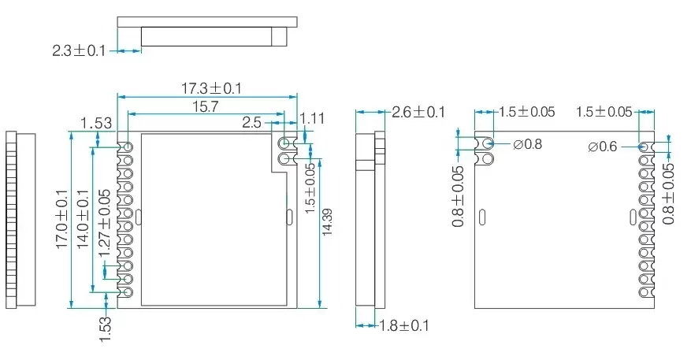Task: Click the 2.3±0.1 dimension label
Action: tap(80, 50)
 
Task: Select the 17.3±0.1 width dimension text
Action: tap(211, 88)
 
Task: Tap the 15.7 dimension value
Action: tap(205, 106)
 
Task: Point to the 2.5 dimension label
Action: tap(252, 122)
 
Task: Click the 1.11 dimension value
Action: tap(313, 118)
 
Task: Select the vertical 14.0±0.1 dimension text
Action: tap(83, 220)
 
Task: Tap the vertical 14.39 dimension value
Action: tap(328, 222)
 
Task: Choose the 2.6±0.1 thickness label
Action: tap(418, 112)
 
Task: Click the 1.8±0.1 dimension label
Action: tap(403, 325)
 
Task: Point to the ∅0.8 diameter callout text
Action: tap(527, 144)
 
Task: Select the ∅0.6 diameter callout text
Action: tap(603, 147)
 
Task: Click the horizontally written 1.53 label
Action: tap(96, 122)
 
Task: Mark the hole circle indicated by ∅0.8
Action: tap(489, 144)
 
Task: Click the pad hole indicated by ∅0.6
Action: tap(644, 147)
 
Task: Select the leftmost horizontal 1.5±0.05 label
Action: tap(526, 112)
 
